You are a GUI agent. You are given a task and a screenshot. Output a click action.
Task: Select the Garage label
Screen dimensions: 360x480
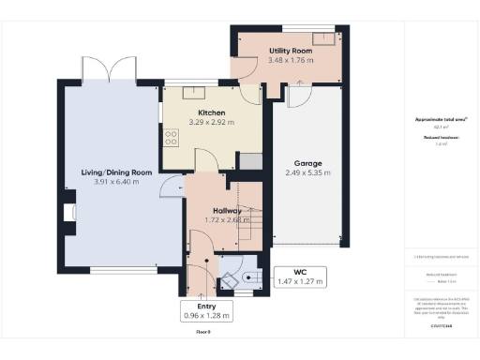[x=307, y=162]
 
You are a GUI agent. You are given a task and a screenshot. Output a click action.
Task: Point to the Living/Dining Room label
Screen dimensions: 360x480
[x=116, y=172]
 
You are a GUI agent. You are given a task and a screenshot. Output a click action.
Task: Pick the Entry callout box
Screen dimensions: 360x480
[x=206, y=311]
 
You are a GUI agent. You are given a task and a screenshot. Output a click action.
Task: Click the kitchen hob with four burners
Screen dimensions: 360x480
[x=172, y=139]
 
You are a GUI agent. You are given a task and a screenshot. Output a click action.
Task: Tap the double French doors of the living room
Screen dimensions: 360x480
[x=109, y=70]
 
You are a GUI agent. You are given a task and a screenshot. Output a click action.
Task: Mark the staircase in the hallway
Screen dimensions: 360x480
[x=248, y=223]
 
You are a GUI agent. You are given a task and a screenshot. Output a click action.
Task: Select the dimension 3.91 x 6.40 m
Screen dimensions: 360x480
[x=116, y=181]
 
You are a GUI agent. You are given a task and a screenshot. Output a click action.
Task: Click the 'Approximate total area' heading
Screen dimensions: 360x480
[x=441, y=118]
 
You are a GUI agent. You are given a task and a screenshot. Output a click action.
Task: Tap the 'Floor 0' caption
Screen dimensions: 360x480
[x=204, y=332]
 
